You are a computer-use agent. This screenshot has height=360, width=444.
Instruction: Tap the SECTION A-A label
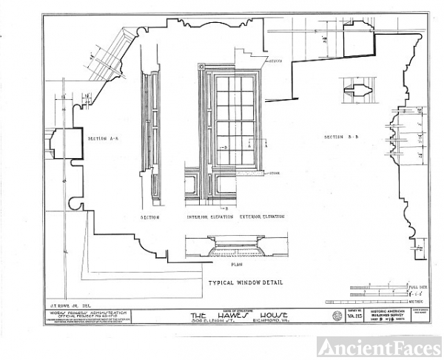click(x=103, y=138)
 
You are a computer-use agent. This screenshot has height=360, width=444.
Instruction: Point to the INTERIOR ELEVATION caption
click(x=209, y=218)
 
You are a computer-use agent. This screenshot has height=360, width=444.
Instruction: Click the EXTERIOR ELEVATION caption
click(x=263, y=218)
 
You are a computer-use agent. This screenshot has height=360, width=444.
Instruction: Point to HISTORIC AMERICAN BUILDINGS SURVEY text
click(x=388, y=314)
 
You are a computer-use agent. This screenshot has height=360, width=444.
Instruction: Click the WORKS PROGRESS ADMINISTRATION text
click(x=81, y=312)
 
